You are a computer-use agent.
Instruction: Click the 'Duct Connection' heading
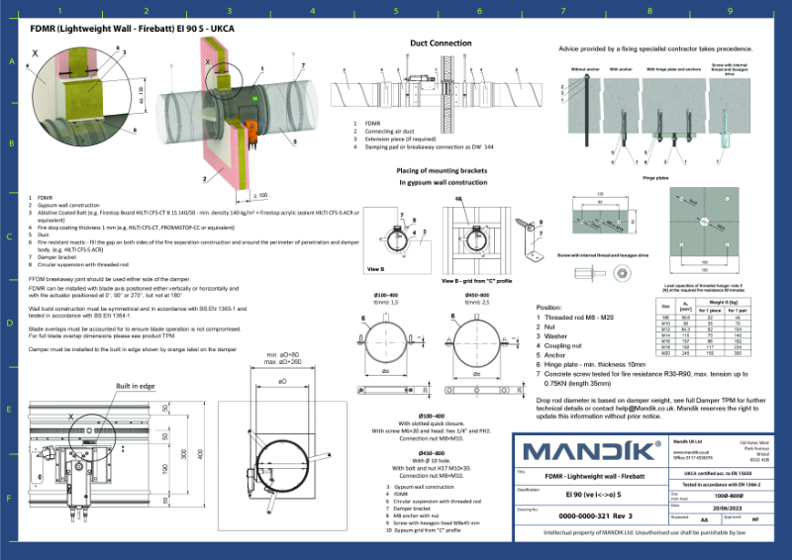coord(441,44)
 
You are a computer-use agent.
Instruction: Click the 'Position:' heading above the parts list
coord(548,308)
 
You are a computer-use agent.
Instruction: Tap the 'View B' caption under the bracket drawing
coord(375,268)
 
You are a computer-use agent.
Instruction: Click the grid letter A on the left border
coord(12,61)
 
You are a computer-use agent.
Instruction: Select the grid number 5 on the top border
coord(396,11)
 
